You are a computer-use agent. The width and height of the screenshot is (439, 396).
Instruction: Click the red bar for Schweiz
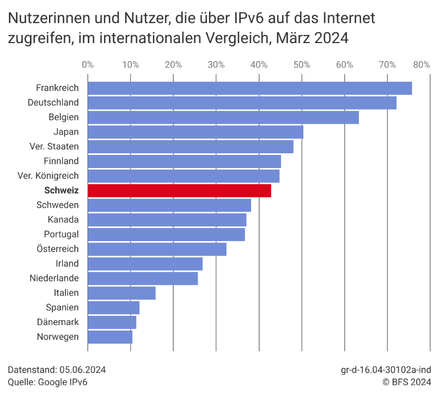179,190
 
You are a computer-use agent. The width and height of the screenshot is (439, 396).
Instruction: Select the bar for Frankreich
249,88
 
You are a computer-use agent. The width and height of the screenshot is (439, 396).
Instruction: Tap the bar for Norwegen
109,337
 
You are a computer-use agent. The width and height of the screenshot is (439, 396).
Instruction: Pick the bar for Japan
195,131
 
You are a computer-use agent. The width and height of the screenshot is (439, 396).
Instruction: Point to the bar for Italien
121,293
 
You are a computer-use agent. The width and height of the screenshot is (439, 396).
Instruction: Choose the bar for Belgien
223,117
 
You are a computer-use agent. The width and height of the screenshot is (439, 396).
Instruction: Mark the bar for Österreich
157,249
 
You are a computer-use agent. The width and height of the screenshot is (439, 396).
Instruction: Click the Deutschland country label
53,103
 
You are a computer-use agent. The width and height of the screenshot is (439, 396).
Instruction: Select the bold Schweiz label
61,190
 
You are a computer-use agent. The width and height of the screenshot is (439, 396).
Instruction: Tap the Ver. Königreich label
48,176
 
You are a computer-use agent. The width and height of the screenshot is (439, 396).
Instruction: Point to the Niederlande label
54,278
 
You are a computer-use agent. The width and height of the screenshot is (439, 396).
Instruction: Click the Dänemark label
58,322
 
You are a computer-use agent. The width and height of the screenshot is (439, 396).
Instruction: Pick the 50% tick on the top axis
302,65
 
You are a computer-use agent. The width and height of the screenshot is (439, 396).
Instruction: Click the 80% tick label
422,65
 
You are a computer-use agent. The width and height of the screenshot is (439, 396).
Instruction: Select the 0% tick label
87,65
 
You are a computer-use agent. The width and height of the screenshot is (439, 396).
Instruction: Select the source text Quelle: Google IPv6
47,382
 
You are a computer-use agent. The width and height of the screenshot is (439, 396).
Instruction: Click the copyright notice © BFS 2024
407,382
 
